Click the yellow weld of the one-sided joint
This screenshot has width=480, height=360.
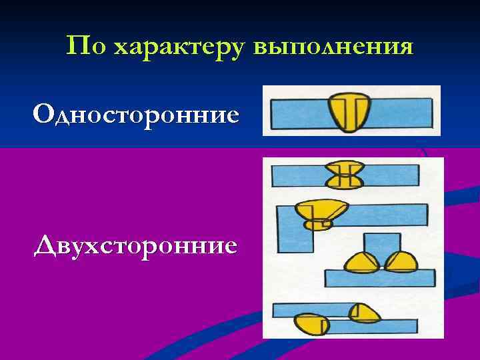347,111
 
